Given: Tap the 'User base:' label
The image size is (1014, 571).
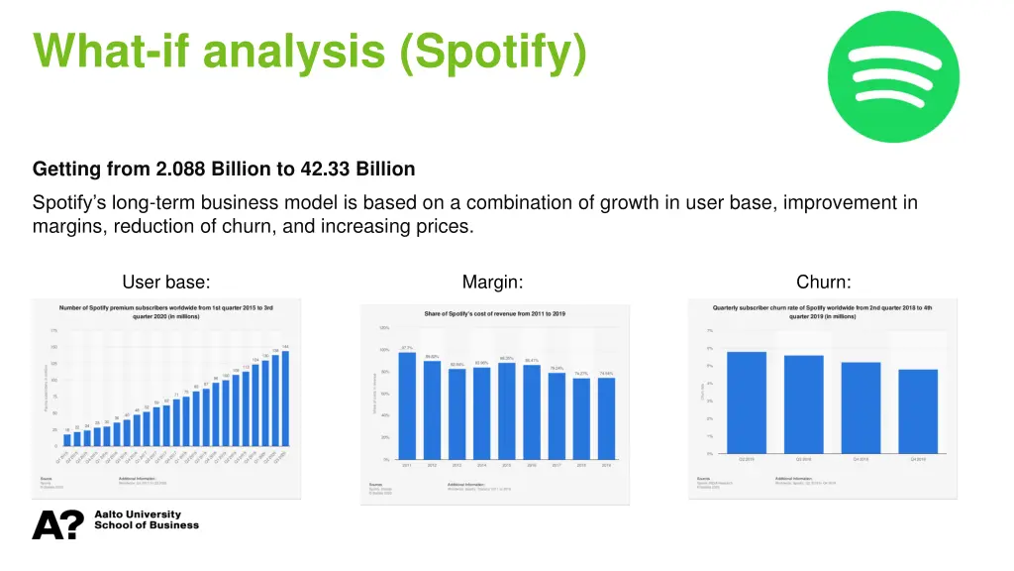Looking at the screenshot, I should (165, 283).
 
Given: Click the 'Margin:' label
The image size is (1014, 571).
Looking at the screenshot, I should (492, 283).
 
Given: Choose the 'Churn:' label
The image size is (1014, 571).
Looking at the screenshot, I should (823, 283).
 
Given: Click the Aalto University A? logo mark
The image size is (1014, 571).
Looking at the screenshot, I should (57, 524).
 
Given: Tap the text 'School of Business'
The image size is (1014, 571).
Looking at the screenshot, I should (147, 525).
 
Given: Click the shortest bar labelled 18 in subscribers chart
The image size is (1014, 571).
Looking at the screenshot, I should (67, 439).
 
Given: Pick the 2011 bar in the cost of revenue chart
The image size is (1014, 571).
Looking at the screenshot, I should (407, 406).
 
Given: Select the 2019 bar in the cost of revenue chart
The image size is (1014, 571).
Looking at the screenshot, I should (606, 418).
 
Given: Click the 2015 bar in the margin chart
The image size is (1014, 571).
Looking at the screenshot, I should (507, 410).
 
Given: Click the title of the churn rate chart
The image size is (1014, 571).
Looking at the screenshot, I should (822, 311).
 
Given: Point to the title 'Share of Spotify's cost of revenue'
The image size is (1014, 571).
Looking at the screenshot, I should (495, 314).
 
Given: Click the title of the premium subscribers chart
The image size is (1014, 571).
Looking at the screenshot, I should (165, 312).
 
